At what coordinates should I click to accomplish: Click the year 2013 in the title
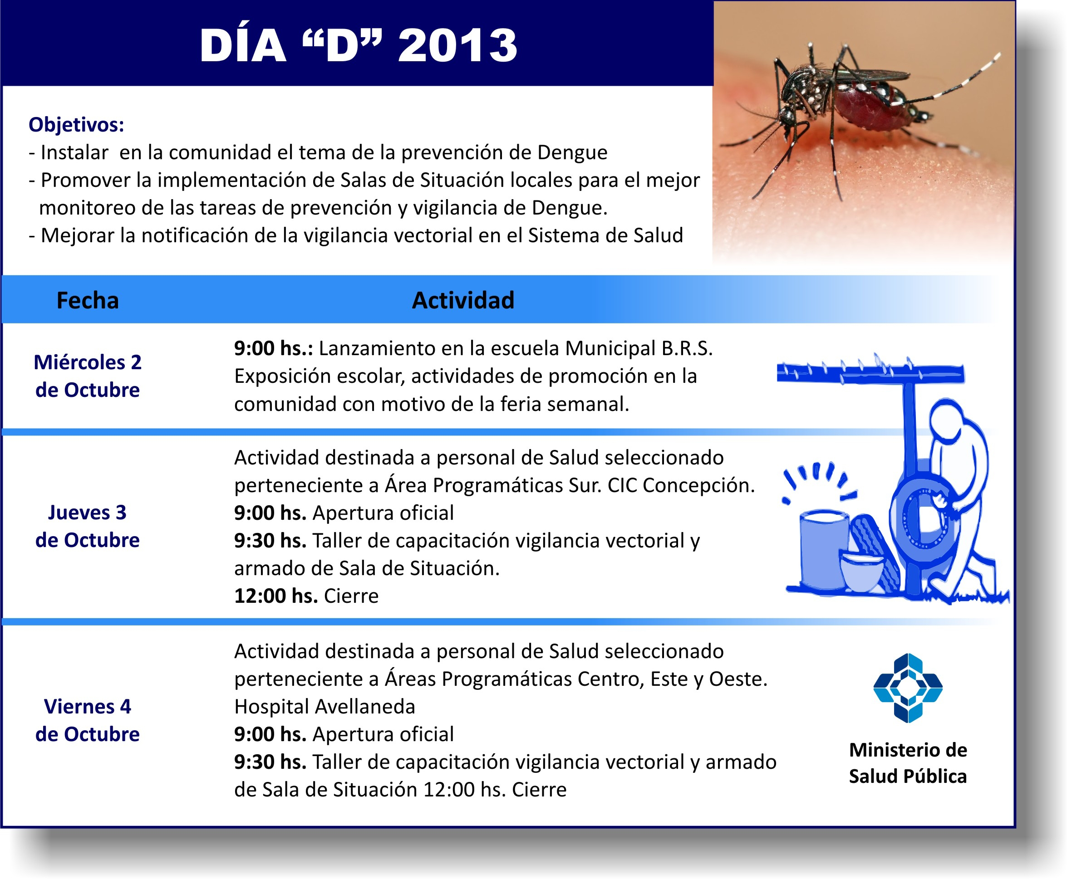pos(457,45)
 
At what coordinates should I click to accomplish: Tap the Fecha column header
pos(88,300)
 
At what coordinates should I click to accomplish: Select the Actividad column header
pos(463,300)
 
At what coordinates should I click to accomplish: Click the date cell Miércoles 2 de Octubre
pos(88,376)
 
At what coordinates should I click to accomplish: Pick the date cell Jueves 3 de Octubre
pos(88,526)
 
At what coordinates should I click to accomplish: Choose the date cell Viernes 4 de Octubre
pos(88,720)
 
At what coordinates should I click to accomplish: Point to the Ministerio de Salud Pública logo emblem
pos(908,688)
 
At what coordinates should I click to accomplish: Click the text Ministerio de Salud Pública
pos(908,763)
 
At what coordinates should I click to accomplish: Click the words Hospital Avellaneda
pos(325,706)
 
